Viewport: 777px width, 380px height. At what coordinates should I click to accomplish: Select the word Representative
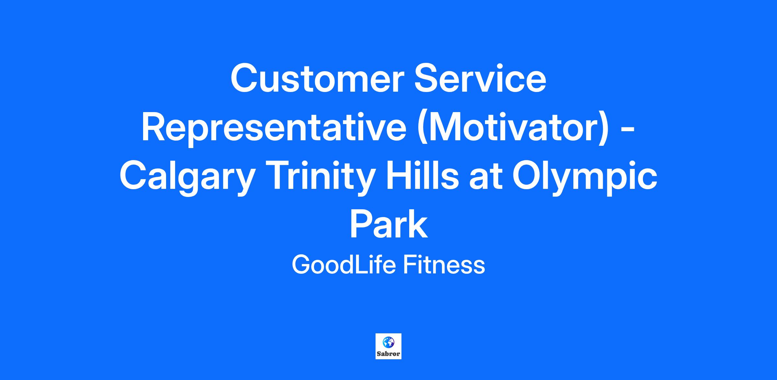point(274,128)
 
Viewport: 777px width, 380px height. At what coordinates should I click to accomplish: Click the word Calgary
point(186,178)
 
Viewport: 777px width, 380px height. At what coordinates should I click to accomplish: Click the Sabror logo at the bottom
point(388,346)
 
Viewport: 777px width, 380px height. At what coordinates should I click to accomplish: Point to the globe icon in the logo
point(388,342)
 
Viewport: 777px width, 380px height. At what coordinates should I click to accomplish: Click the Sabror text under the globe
point(388,354)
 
